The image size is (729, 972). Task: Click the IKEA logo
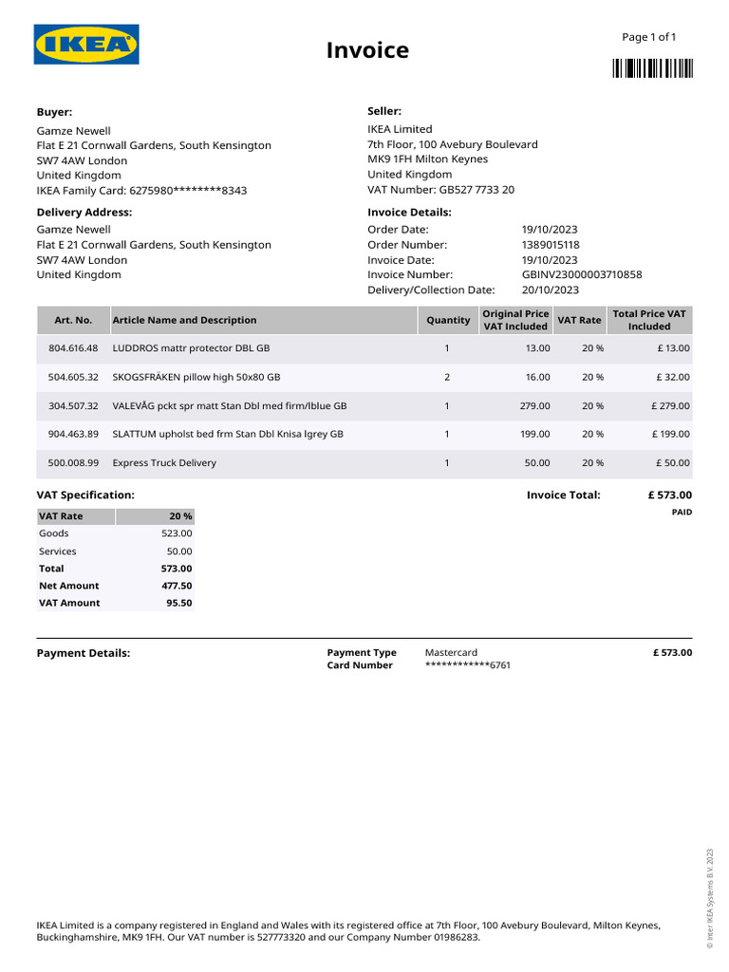pyautogui.click(x=86, y=45)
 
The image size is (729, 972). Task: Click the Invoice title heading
pyautogui.click(x=367, y=50)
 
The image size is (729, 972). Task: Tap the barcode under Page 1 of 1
pyautogui.click(x=652, y=67)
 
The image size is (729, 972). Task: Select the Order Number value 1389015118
pyautogui.click(x=551, y=245)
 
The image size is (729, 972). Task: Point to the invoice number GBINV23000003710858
pyautogui.click(x=581, y=275)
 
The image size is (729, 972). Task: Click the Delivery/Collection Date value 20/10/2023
pyautogui.click(x=550, y=290)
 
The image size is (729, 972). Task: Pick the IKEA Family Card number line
pyautogui.click(x=141, y=191)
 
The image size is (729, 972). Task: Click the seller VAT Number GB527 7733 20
pyautogui.click(x=440, y=190)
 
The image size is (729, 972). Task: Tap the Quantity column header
pyautogui.click(x=448, y=321)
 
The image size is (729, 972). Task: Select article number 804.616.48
pyautogui.click(x=73, y=349)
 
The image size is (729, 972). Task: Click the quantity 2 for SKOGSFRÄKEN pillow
pyautogui.click(x=447, y=378)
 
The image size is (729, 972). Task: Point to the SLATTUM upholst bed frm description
pyautogui.click(x=228, y=435)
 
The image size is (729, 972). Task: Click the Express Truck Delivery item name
pyautogui.click(x=164, y=463)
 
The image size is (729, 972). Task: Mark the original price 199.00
pyautogui.click(x=537, y=435)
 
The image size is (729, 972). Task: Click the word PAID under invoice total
pyautogui.click(x=682, y=513)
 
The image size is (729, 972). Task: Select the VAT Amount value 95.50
pyautogui.click(x=178, y=603)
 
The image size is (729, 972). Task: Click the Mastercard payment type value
pyautogui.click(x=451, y=653)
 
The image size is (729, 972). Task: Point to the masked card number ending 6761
pyautogui.click(x=468, y=665)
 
